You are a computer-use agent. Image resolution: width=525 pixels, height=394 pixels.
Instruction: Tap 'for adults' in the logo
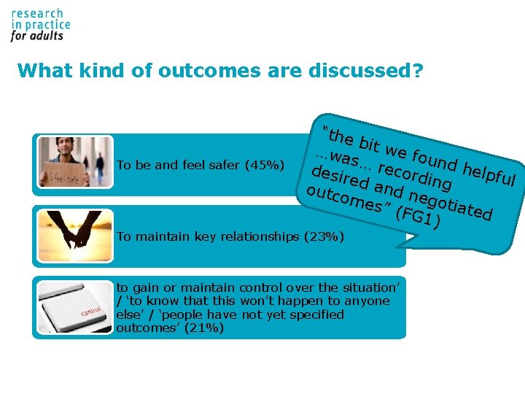click(37, 34)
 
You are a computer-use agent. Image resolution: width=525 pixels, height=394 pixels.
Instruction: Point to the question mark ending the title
click(419, 71)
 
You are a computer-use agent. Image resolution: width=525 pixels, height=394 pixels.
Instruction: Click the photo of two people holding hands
click(75, 231)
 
